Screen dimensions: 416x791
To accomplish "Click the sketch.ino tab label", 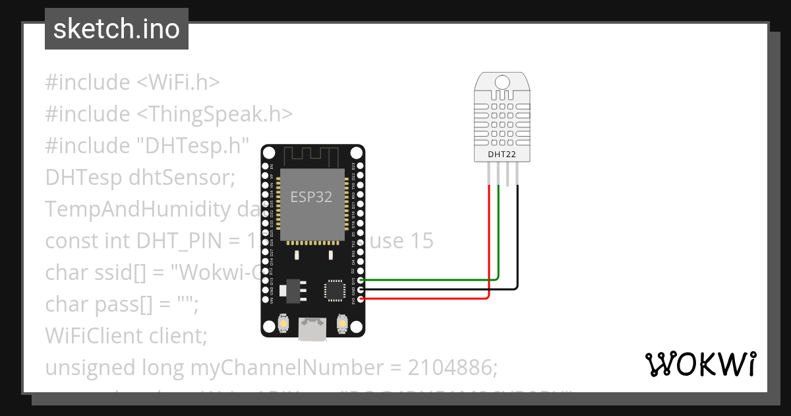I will [116, 29].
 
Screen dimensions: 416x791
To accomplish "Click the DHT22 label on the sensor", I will [502, 155].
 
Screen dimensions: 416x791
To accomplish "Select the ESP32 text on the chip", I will [312, 197].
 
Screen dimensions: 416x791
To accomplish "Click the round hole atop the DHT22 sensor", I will [502, 82].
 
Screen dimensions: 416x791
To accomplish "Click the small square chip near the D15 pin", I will [334, 291].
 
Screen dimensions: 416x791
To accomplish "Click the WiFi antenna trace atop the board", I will [312, 157].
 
